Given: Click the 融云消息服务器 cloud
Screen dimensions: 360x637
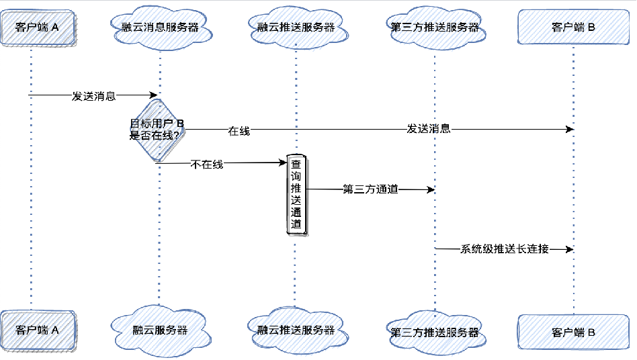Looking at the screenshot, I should pos(160,28).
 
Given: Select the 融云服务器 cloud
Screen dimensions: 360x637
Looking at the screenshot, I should pos(160,330).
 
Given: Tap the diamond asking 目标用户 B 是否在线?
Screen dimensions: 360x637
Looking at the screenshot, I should pos(157,129).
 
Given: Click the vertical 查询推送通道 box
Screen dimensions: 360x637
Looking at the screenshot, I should pos(296,195).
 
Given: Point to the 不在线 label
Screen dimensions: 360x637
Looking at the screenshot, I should pos(207,164).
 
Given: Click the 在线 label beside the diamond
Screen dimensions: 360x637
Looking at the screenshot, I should pos(239,131).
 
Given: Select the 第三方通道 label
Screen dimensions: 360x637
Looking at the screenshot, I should pos(370,189).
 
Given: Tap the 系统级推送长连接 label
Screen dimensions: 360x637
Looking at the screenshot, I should pos(504,249).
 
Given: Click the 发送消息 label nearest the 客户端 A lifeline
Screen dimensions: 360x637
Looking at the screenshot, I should pos(93,96).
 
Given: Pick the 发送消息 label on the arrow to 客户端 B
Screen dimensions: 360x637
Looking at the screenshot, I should pos(428,129).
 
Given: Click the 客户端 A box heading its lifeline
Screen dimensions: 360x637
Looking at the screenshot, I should pos(37,28).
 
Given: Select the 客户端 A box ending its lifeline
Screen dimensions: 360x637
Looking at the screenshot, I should pos(37,330).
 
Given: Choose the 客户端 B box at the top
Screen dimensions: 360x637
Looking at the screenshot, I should pos(573,28).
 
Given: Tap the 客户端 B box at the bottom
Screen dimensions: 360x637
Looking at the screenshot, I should pos(573,332).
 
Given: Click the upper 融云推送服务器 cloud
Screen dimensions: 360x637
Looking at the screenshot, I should pos(296,28).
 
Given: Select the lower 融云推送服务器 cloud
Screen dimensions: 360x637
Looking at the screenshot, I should pos(296,330).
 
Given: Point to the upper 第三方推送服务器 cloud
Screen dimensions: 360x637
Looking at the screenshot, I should pos(435,28).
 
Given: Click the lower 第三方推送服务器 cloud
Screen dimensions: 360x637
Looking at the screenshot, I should pos(435,332).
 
